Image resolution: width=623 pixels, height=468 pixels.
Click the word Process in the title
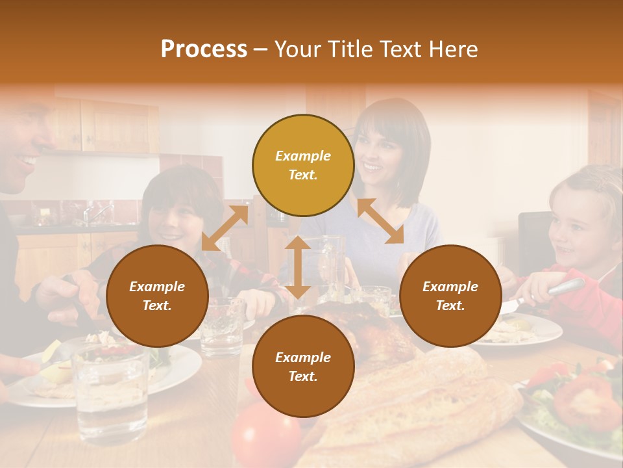tap(204, 49)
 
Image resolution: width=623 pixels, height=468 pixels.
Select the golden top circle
tap(303, 166)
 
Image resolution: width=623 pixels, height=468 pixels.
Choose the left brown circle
tap(157, 296)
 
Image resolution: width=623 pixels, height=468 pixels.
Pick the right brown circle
tap(450, 296)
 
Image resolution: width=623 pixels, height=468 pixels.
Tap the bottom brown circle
tap(303, 367)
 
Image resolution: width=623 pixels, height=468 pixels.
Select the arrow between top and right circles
tap(380, 222)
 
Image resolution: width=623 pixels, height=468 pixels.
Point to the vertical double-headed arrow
tap(298, 267)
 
